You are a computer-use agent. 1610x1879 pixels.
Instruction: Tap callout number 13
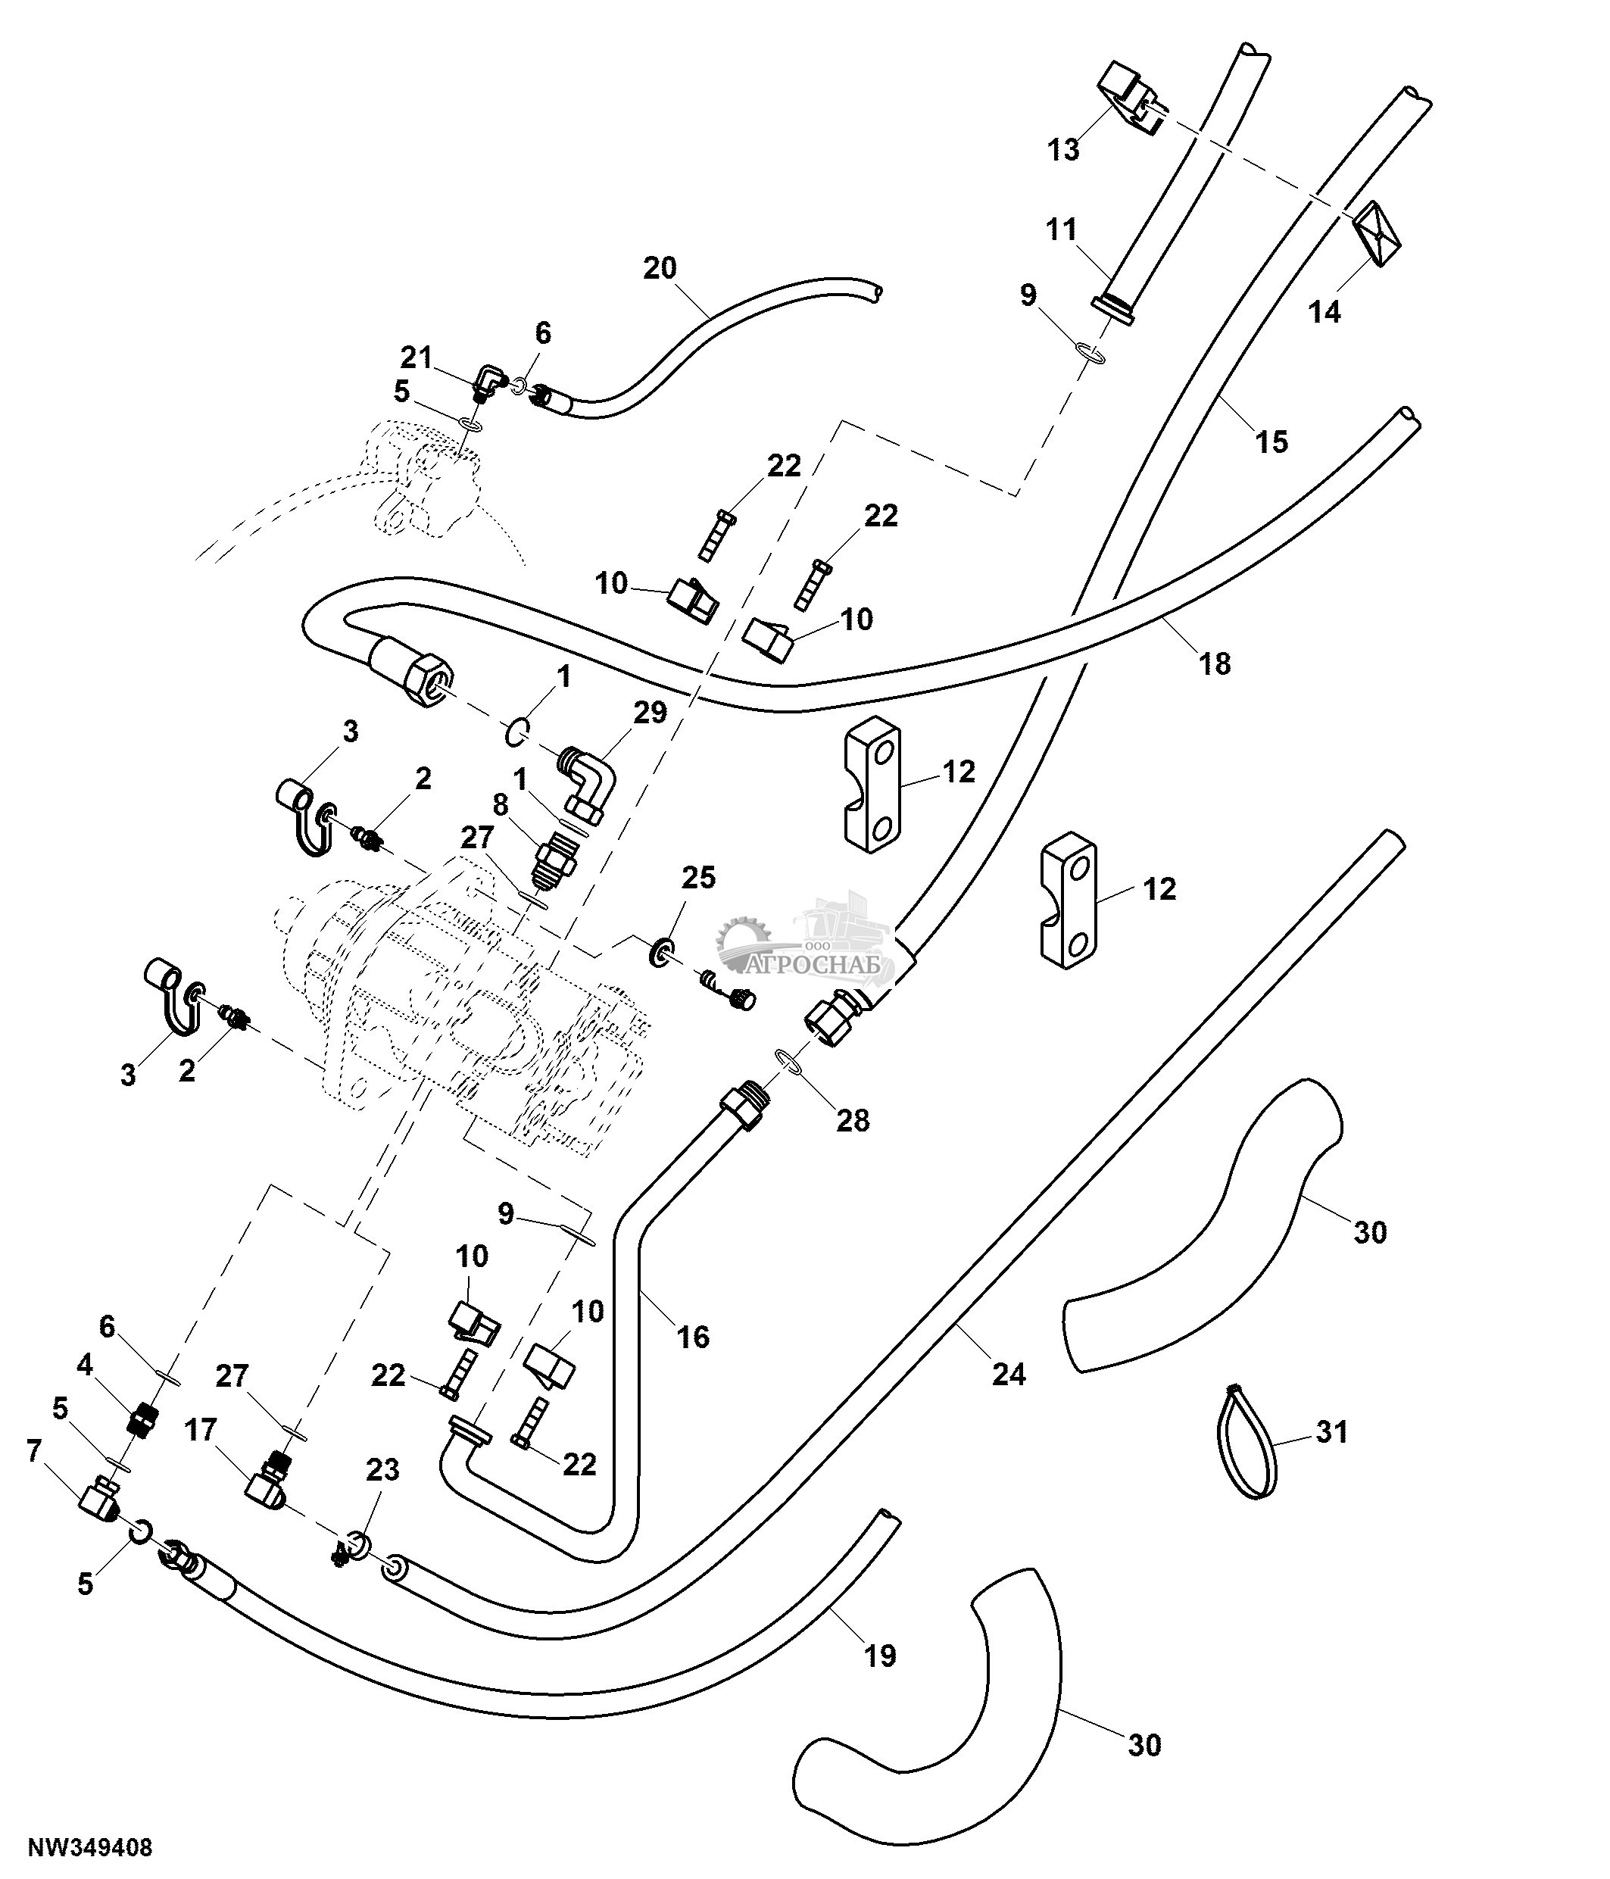[x=1063, y=150]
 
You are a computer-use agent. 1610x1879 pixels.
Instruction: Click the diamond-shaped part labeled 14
[x=1377, y=233]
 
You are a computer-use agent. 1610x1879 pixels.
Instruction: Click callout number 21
[x=417, y=358]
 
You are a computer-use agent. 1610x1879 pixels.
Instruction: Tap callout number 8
[x=501, y=804]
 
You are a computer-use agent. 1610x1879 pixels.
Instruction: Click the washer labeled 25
[x=662, y=951]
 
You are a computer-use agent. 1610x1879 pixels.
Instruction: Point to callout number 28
[x=852, y=1121]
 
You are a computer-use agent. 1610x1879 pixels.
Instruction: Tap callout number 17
[x=201, y=1430]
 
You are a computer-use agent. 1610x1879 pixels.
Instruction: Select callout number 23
[x=382, y=1470]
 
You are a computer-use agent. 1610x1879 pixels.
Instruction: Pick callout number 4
[x=86, y=1365]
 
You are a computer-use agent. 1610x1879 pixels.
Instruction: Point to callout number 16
[x=694, y=1337]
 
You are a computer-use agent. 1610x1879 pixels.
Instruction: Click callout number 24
[x=1008, y=1375]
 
